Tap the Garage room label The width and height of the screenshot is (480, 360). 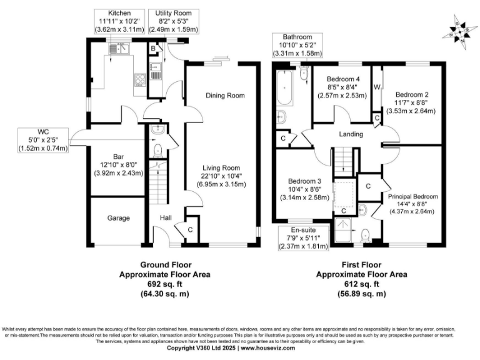pyautogui.click(x=117, y=218)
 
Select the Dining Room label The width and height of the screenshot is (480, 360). pyautogui.click(x=225, y=96)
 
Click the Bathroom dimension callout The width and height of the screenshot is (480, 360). pyautogui.click(x=297, y=45)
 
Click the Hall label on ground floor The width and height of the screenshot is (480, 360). pyautogui.click(x=166, y=218)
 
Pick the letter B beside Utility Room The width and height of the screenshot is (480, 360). pyautogui.click(x=153, y=49)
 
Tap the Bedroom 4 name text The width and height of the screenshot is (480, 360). pyautogui.click(x=345, y=79)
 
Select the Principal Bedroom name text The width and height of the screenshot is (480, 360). pyautogui.click(x=413, y=196)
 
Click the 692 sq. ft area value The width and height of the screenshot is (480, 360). pyautogui.click(x=164, y=283)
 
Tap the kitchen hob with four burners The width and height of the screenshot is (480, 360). pyautogui.click(x=139, y=79)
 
